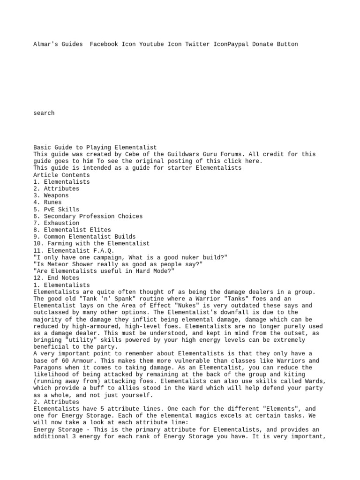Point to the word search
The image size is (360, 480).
pos(44,113)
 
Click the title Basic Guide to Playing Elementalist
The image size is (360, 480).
pos(95,148)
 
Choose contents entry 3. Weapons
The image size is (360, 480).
pos(51,195)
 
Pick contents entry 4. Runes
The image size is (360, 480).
pos(47,202)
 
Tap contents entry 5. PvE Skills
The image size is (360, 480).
pos(56,210)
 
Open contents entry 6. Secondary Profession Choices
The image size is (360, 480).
pos(88,216)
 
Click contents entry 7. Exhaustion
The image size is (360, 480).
pos(56,223)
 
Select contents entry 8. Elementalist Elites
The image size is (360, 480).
pos(72,230)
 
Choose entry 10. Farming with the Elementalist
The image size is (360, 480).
pos(91,244)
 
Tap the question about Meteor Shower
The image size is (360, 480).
pos(118,264)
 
